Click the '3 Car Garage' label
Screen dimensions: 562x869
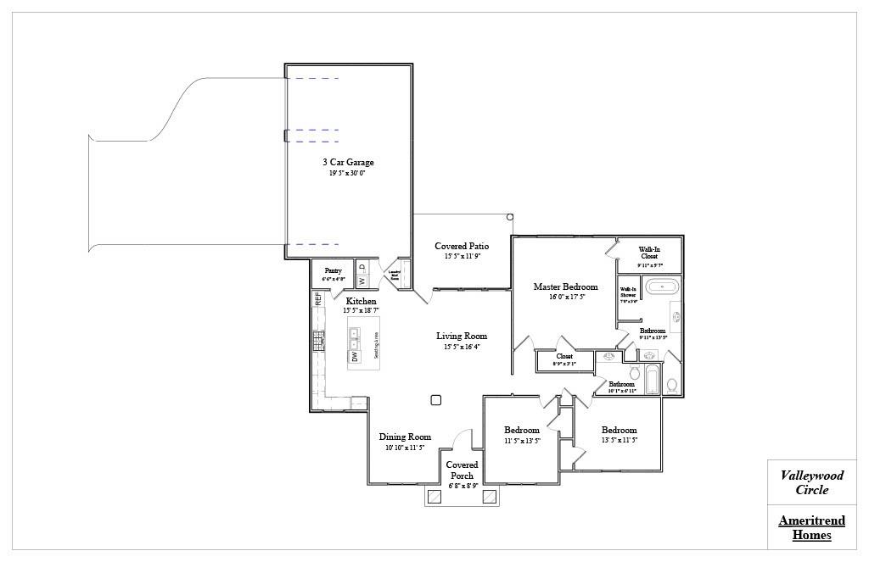click(347, 162)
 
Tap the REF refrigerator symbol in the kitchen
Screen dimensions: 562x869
click(318, 298)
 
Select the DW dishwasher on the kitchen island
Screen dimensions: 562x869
click(355, 356)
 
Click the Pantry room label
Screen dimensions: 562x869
click(333, 270)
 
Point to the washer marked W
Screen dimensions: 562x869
click(361, 281)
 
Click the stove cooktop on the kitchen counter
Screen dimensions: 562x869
click(319, 340)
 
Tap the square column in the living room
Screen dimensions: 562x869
click(436, 400)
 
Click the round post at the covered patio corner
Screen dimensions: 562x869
click(509, 217)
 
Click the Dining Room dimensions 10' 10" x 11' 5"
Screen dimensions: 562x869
click(404, 448)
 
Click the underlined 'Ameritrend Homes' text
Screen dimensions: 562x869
click(811, 527)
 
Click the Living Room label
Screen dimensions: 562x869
click(462, 336)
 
